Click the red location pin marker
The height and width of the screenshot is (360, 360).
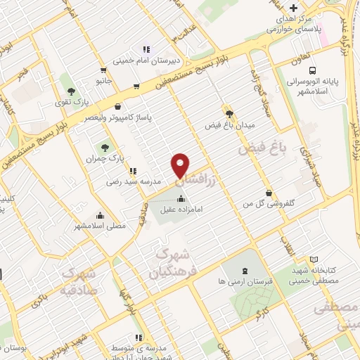(x=181, y=165)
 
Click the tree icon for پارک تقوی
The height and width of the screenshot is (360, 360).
(x=71, y=91)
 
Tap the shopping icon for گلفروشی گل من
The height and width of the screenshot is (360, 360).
(x=269, y=193)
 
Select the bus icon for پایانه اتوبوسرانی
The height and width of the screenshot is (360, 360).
(x=311, y=70)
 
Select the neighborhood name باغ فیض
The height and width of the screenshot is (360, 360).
(x=254, y=150)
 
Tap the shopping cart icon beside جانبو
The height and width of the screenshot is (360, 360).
(x=104, y=70)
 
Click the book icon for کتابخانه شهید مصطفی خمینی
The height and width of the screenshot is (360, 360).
(x=313, y=259)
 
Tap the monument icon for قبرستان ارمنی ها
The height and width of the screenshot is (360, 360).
(x=244, y=270)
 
